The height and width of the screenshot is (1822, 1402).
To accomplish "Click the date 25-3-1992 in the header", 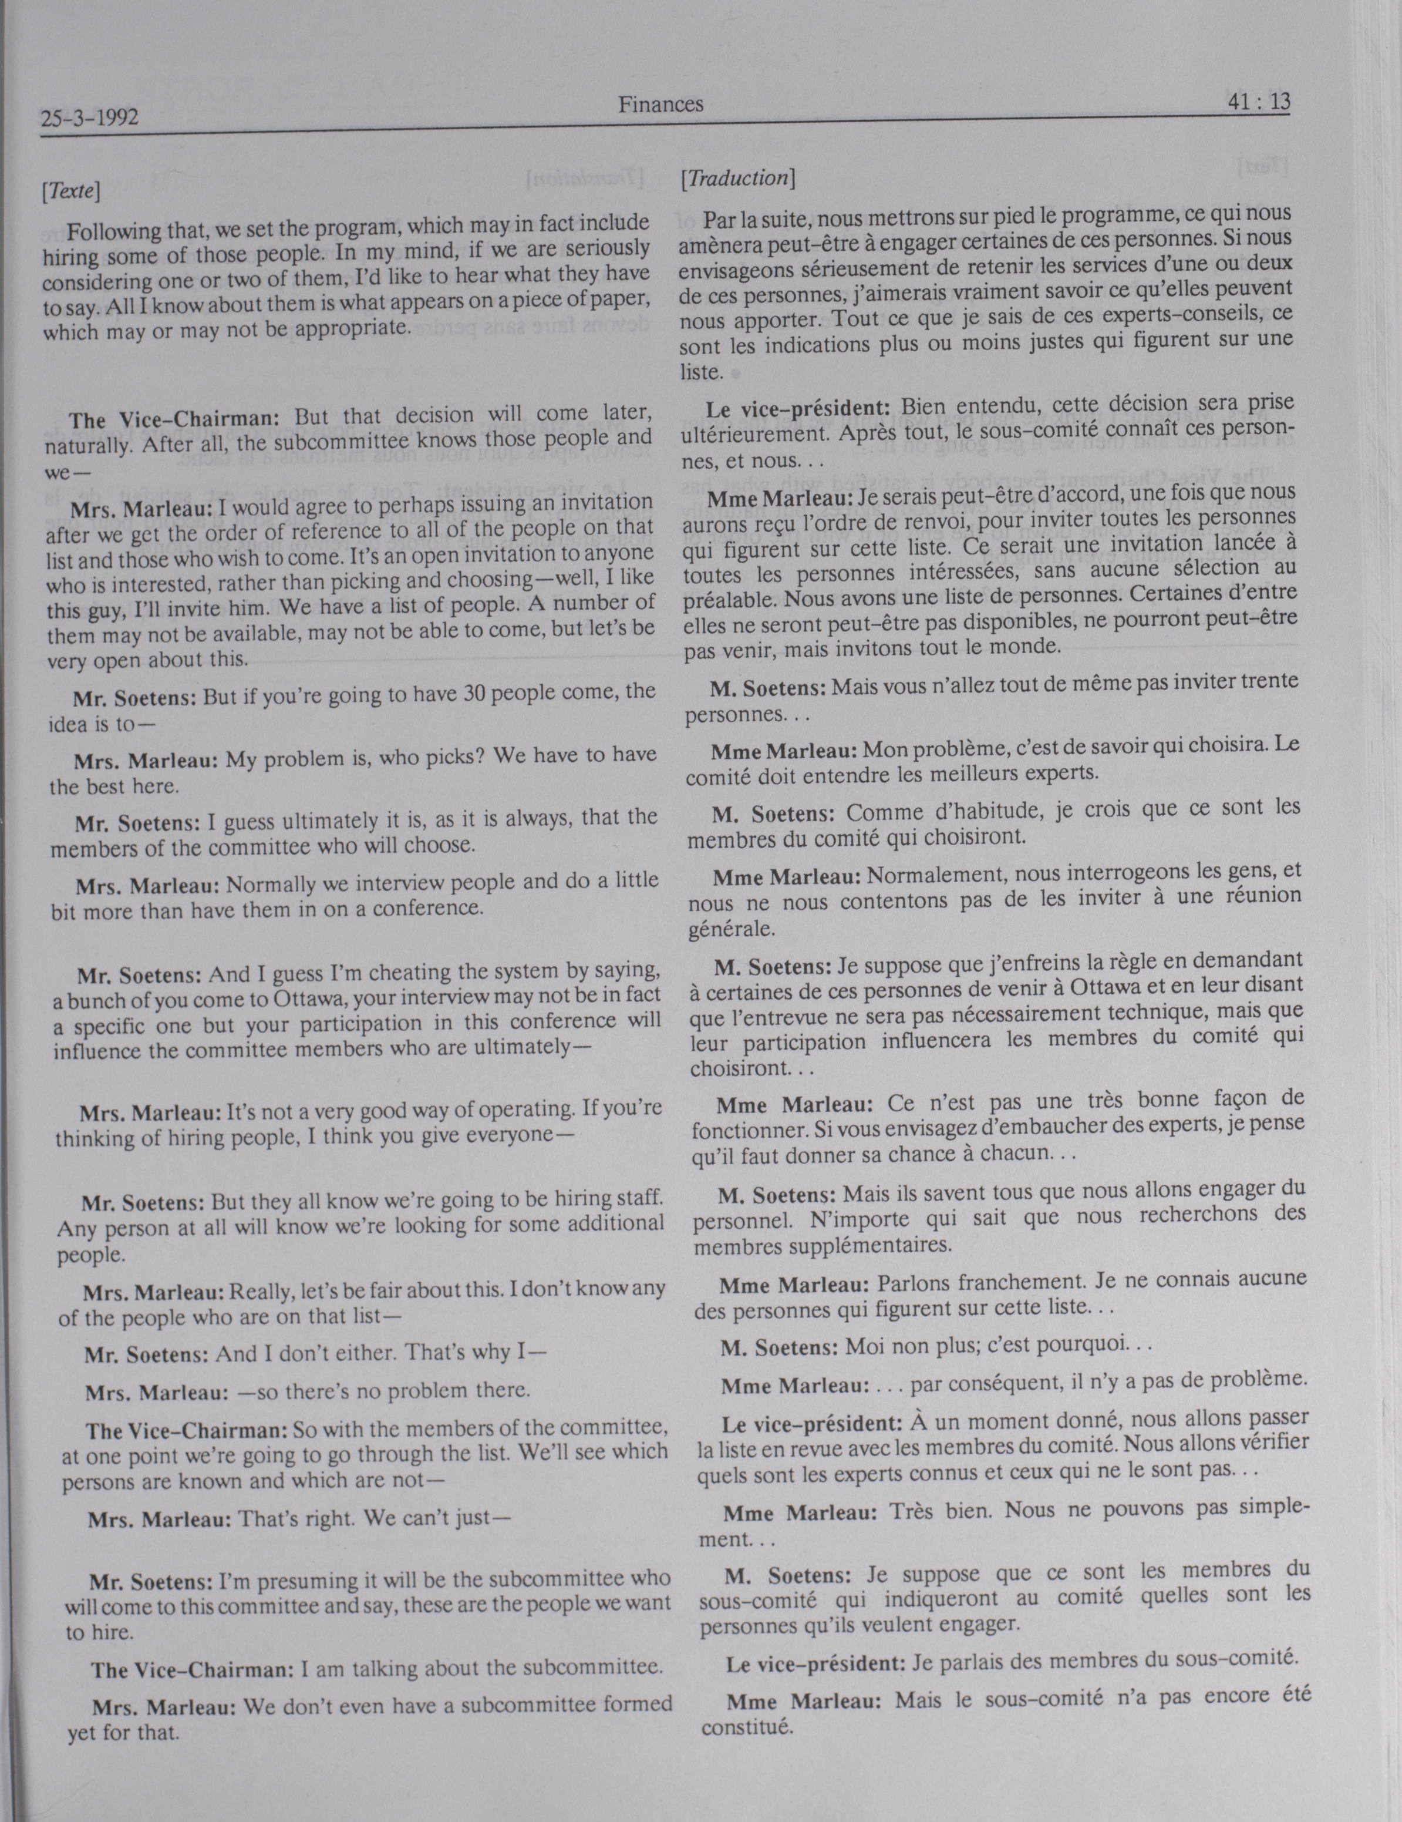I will (x=89, y=119).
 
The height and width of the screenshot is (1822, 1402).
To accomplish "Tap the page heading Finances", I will (x=660, y=105).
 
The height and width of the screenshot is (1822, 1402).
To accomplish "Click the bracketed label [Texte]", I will (x=71, y=191).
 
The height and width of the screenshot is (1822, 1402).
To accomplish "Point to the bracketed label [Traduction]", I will (x=738, y=179).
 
